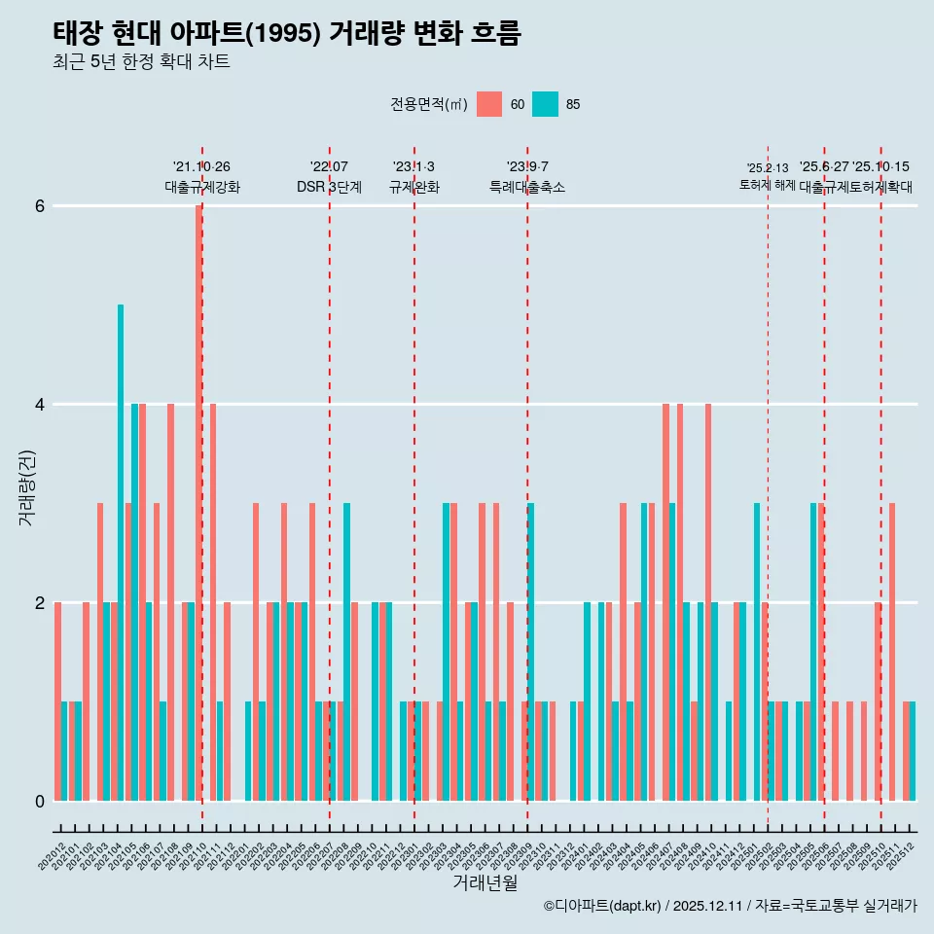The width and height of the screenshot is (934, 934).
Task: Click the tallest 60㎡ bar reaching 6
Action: [198, 502]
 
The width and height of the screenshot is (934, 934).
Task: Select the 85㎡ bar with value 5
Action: [121, 553]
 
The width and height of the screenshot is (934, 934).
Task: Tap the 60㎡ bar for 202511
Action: [892, 652]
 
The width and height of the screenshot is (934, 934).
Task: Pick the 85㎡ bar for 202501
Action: [757, 652]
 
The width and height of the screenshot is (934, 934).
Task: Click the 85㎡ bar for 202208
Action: [346, 652]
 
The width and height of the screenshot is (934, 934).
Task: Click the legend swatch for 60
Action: [489, 104]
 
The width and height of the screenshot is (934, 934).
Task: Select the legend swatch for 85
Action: [545, 104]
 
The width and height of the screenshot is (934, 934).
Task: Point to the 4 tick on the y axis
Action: [39, 404]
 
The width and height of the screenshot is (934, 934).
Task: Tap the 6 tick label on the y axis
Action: [39, 205]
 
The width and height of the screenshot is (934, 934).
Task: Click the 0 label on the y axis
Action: [39, 801]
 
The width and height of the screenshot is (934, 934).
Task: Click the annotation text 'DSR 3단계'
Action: [329, 187]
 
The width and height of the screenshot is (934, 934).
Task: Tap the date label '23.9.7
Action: [527, 167]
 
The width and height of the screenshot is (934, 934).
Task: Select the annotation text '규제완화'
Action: [414, 187]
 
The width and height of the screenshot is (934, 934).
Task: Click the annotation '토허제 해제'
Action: [768, 184]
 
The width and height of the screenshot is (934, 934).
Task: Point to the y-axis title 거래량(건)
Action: [27, 486]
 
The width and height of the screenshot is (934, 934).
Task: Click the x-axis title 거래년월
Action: [485, 882]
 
